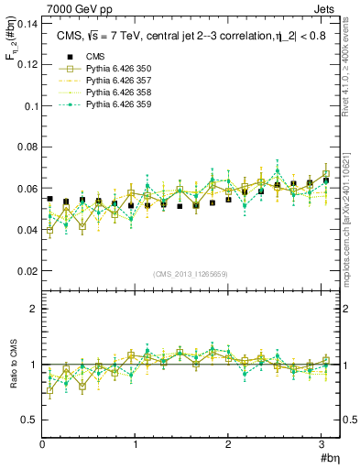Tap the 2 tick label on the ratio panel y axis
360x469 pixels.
(33, 309)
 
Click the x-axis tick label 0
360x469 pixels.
(42, 445)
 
